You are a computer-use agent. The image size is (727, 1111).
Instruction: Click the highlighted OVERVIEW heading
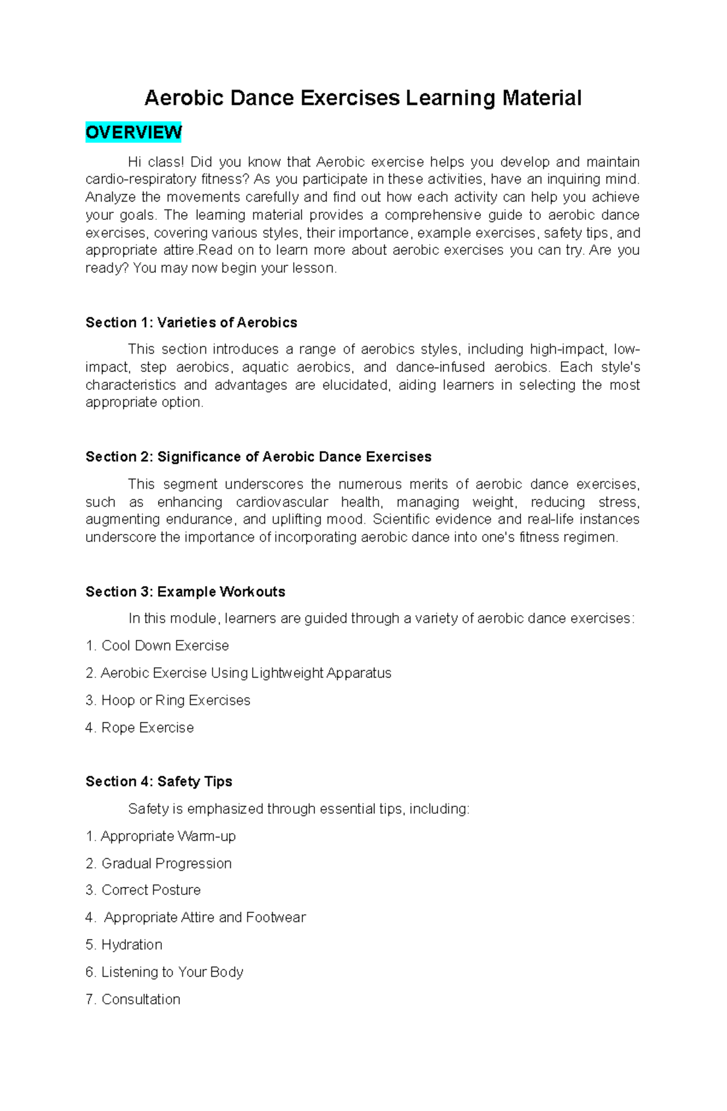pyautogui.click(x=133, y=132)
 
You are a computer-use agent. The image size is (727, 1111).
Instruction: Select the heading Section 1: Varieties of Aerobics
pyautogui.click(x=191, y=323)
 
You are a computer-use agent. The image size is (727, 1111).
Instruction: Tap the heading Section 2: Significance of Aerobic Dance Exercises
pyautogui.click(x=258, y=457)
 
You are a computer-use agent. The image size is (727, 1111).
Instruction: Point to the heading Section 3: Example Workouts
pyautogui.click(x=185, y=592)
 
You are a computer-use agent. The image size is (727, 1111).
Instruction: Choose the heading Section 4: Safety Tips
pyautogui.click(x=159, y=782)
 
